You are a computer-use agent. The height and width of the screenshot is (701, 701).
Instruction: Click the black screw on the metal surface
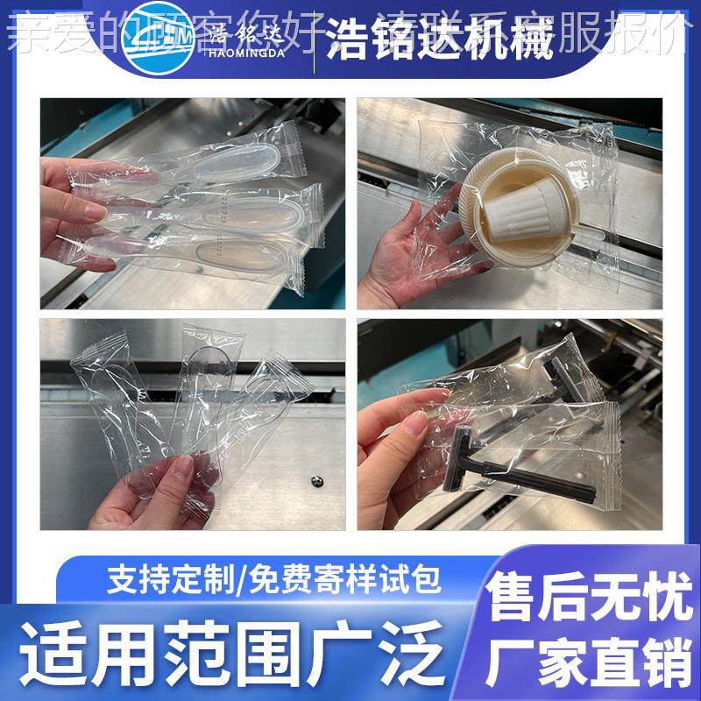coord(315,481)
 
